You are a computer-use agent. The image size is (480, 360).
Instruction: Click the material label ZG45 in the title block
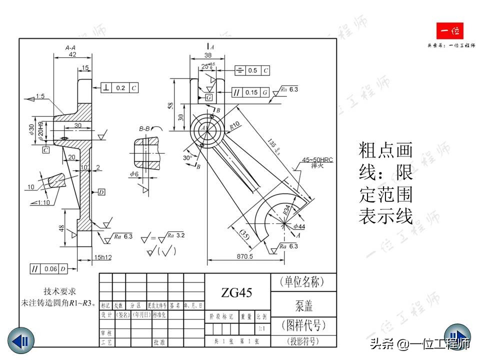(x=236, y=292)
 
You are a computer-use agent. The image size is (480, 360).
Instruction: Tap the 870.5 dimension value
(x=244, y=256)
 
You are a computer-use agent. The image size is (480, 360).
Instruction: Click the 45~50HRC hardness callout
(x=317, y=160)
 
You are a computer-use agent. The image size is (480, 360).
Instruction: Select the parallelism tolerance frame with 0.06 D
(x=49, y=268)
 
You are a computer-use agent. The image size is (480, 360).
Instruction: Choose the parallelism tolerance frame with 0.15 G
(x=250, y=92)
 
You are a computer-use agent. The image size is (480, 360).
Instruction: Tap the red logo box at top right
(x=450, y=32)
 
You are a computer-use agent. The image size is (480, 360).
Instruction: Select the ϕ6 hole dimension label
(x=134, y=174)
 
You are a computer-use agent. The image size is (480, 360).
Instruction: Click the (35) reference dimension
(x=245, y=235)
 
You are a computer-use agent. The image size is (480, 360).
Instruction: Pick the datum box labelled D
(x=101, y=192)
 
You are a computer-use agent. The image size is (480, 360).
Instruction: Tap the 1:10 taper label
(x=43, y=202)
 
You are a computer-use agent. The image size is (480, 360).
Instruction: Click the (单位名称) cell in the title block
(x=303, y=281)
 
